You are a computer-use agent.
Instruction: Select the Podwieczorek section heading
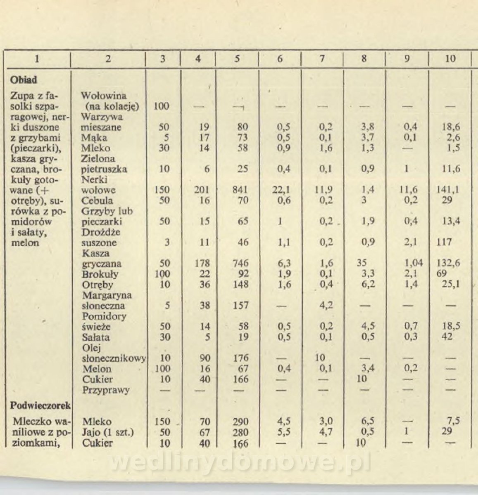coord(40,405)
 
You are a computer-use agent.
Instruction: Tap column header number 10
coord(450,59)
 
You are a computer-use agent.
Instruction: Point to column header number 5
coord(237,59)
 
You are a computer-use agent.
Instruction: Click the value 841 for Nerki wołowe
coord(240,190)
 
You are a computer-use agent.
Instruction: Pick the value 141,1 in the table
coord(449,190)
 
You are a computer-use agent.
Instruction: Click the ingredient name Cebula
coord(97,201)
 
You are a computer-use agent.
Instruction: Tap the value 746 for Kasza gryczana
coord(240,264)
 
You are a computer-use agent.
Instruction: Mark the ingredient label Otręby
coord(98,285)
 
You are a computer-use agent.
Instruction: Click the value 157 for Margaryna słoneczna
coord(240,306)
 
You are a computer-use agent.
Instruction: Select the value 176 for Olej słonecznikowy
coord(240,358)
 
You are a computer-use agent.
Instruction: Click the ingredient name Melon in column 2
coord(97,369)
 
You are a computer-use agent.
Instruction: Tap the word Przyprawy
coord(106,390)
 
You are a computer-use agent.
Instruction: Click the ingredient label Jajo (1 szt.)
coord(108,433)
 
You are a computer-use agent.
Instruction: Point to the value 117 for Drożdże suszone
coord(444,243)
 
